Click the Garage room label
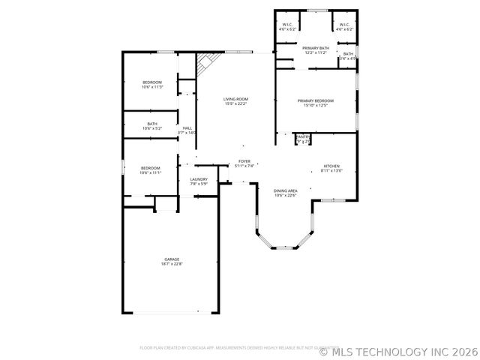point(172,259)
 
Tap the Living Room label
point(235,99)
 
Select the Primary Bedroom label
point(315,100)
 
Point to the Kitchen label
point(331,166)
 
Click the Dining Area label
point(285,190)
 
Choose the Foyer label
point(244,161)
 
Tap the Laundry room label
point(199,179)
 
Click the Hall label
point(187,128)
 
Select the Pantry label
point(303,136)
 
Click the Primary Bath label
point(316,48)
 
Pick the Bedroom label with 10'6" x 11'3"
point(152,82)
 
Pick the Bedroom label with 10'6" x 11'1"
point(150,168)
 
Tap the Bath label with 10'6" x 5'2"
point(152,124)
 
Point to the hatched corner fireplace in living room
point(203,66)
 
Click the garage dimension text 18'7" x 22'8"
point(172,264)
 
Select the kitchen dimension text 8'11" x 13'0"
point(331,171)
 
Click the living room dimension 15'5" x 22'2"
point(235,104)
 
